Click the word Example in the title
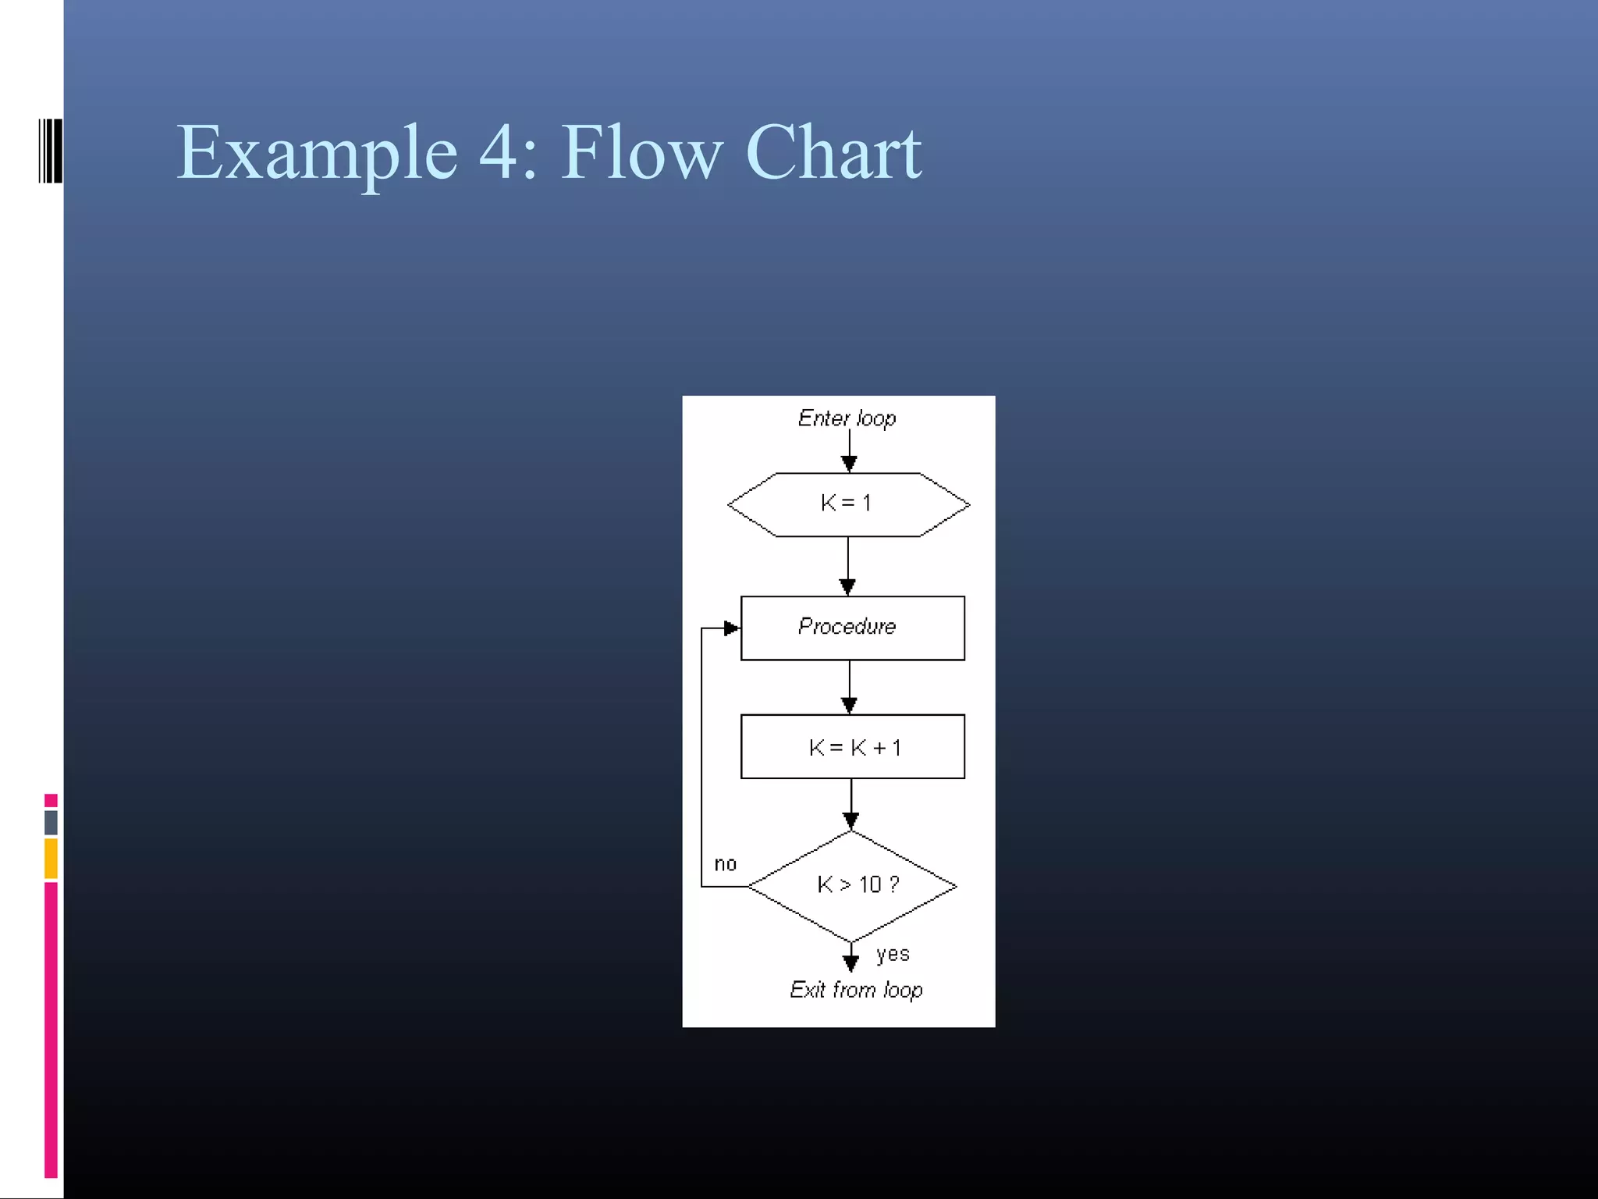pyautogui.click(x=316, y=153)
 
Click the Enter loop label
pyautogui.click(x=847, y=418)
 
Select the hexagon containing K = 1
pyautogui.click(x=848, y=504)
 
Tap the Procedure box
pyautogui.click(x=852, y=628)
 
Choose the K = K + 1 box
pyautogui.click(x=852, y=746)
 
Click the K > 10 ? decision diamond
pyautogui.click(x=852, y=885)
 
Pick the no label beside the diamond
pyautogui.click(x=725, y=863)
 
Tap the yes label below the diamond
pyautogui.click(x=893, y=954)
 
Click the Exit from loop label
pyautogui.click(x=856, y=990)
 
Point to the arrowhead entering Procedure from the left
pyautogui.click(x=731, y=628)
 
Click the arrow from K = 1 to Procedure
pyautogui.click(x=848, y=566)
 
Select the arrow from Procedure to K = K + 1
pyautogui.click(x=850, y=687)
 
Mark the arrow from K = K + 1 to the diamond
pyautogui.click(x=851, y=804)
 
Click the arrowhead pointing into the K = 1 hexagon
pyautogui.click(x=849, y=464)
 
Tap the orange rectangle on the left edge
pyautogui.click(x=51, y=858)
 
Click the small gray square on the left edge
pyautogui.click(x=51, y=822)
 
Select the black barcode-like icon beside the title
pyautogui.click(x=50, y=151)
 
